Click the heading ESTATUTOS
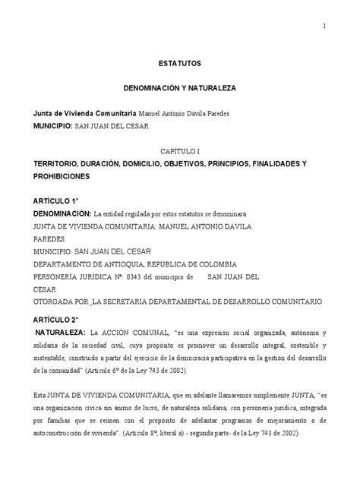point(180,64)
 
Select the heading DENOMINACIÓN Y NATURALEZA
point(180,88)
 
